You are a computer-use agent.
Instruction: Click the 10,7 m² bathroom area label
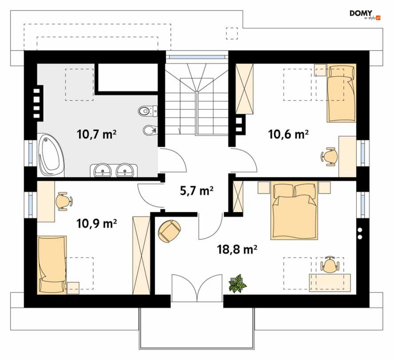(x=96, y=135)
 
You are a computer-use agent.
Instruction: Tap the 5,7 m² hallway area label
(x=197, y=191)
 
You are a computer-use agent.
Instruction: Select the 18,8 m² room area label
(x=237, y=249)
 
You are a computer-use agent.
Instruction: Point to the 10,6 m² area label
(x=288, y=134)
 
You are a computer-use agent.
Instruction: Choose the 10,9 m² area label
(x=96, y=223)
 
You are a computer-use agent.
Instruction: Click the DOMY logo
(x=365, y=15)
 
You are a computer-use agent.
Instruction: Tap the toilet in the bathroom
(x=148, y=111)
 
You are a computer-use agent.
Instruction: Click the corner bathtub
(x=51, y=155)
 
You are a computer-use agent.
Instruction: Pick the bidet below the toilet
(x=150, y=130)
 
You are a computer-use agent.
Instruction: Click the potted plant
(x=237, y=283)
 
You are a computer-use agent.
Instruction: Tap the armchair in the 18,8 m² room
(x=169, y=232)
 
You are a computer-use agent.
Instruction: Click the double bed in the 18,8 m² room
(x=294, y=210)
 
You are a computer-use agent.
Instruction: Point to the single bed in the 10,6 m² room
(x=341, y=93)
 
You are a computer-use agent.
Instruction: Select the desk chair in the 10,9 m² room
(x=64, y=201)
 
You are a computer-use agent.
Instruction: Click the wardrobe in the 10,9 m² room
(x=141, y=255)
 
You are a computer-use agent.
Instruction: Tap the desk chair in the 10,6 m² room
(x=329, y=157)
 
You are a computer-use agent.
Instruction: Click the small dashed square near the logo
(x=232, y=33)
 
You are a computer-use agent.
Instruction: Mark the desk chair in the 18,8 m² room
(x=329, y=265)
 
